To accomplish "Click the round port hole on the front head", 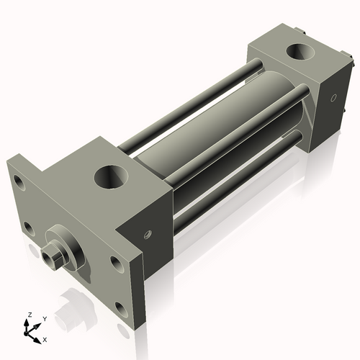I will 113,176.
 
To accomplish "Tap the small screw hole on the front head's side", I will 148,233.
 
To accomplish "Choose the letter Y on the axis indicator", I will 44,318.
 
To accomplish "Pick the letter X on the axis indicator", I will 45,338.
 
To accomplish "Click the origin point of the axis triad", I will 31,331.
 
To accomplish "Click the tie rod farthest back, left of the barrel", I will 187,108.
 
